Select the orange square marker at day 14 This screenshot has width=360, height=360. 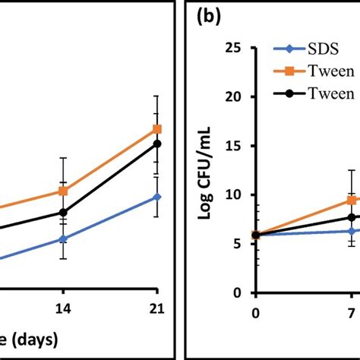(64, 191)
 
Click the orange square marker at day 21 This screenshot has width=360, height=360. (156, 129)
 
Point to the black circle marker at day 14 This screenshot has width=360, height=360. (64, 213)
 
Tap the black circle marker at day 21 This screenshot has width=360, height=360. (156, 144)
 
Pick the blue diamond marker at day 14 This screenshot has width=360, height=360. (64, 238)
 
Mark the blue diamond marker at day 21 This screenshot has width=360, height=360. (156, 197)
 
